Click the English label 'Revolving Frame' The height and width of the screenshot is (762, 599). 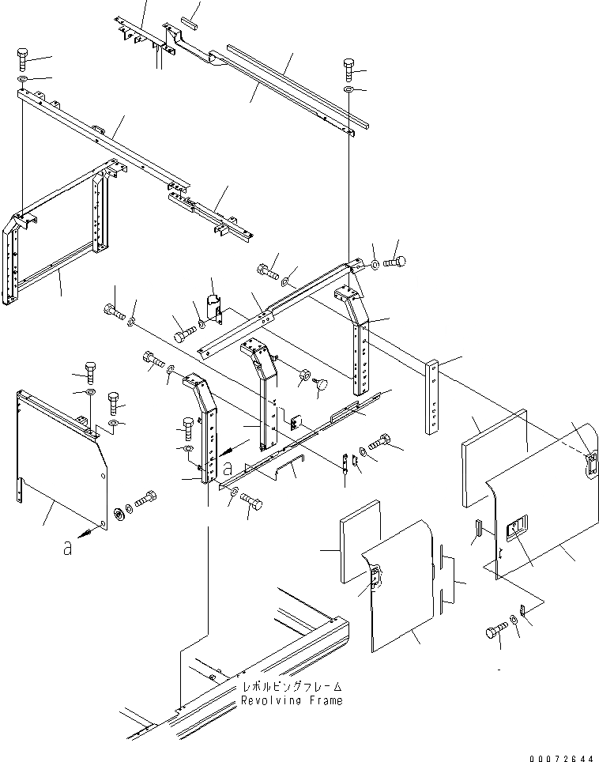(292, 701)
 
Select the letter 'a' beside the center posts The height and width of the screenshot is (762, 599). (228, 471)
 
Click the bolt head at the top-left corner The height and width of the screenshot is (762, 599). (22, 58)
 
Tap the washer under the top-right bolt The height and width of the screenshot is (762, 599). (348, 90)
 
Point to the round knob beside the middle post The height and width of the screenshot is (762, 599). (321, 385)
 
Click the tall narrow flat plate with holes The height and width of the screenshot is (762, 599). (434, 397)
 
